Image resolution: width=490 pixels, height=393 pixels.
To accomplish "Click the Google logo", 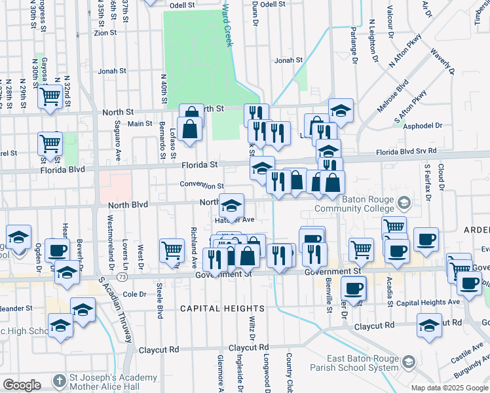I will tap(22, 384).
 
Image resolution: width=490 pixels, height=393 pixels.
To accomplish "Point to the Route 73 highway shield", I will tap(124, 277).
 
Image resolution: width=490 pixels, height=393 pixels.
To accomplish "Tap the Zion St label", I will tap(105, 32).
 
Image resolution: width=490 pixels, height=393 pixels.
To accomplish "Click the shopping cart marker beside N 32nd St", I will tap(50, 97).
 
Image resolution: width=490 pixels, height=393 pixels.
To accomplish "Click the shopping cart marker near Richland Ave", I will tap(172, 249).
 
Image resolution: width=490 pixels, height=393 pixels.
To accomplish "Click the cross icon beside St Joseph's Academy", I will tap(59, 380).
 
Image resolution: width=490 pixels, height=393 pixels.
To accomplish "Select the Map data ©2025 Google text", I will tap(449, 388).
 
